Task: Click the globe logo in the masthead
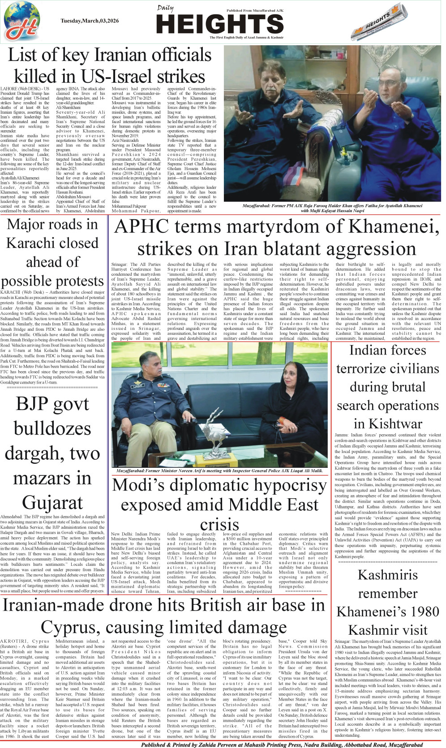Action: pos(21,21)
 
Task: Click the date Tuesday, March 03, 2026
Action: pos(90,21)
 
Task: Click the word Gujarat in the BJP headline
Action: pos(52,503)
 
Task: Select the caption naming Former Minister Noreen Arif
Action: pos(219,471)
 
